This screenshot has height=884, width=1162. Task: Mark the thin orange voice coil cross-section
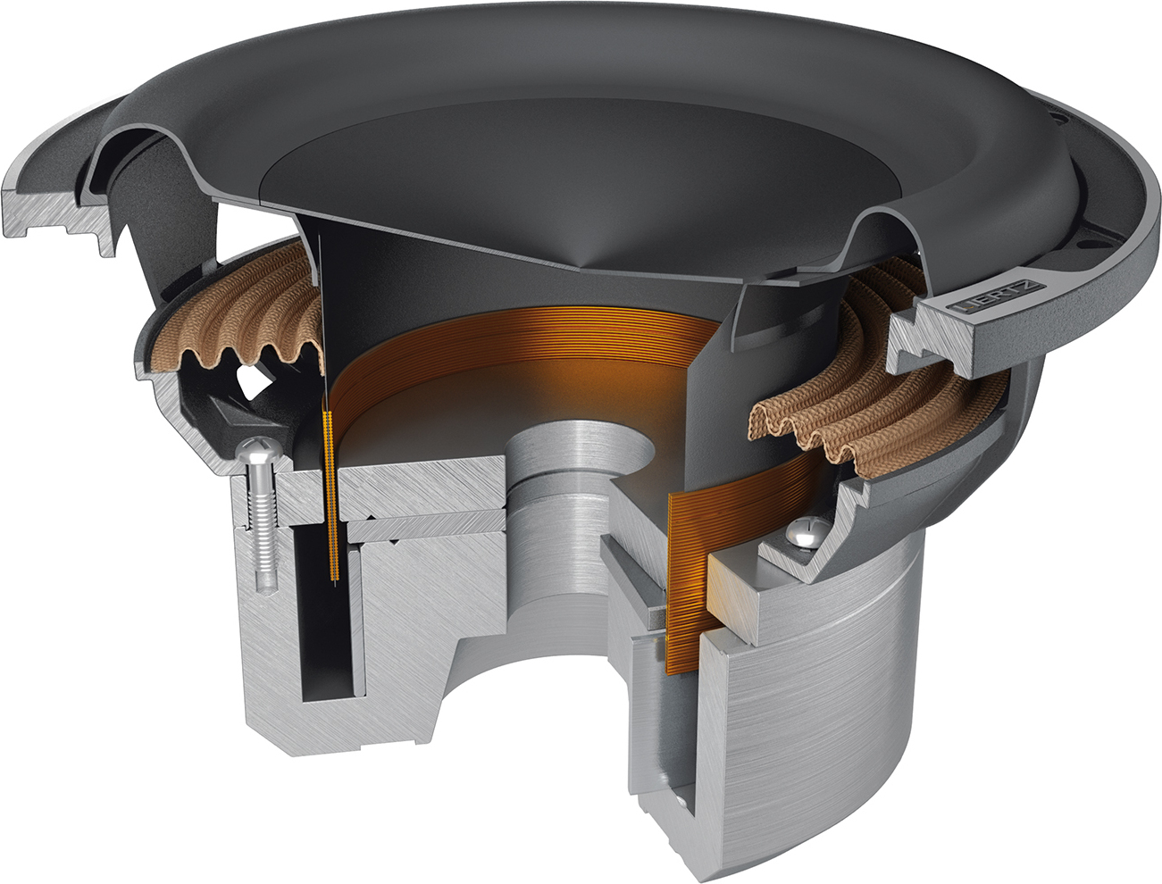pos(330,500)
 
